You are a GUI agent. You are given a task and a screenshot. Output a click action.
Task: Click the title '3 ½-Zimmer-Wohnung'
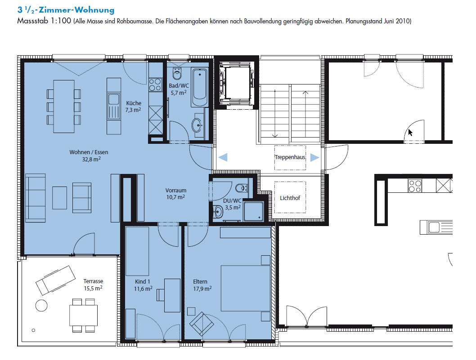(66, 10)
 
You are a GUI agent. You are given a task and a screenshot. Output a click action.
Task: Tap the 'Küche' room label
(134, 103)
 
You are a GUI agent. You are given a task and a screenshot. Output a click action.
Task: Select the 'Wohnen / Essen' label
(89, 152)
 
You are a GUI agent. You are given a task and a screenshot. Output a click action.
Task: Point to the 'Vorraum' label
(176, 191)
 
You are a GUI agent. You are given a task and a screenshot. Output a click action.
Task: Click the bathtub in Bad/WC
(199, 87)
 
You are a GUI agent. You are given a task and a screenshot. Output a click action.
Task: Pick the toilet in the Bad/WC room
(177, 73)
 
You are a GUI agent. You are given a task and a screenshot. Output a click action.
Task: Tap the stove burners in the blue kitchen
(155, 84)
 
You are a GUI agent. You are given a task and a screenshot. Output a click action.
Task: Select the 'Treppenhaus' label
(290, 157)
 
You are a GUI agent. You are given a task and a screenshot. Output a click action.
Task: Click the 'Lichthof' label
(290, 198)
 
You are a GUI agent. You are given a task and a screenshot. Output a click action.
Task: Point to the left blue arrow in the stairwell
(223, 157)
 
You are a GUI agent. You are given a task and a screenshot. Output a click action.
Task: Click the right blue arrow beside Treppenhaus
(315, 157)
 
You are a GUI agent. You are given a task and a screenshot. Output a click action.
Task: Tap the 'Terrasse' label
(93, 281)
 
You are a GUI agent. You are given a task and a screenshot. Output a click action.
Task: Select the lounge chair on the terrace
(55, 280)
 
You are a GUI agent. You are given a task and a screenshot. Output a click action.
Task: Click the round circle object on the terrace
(41, 306)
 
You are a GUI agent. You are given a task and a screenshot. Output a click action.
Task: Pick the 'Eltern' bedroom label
(200, 281)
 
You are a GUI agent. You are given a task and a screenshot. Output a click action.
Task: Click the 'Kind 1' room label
(142, 281)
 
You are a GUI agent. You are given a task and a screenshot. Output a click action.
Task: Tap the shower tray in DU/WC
(253, 211)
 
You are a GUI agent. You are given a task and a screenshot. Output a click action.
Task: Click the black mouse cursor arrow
(410, 133)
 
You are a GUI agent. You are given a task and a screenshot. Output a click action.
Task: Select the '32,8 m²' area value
(91, 159)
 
